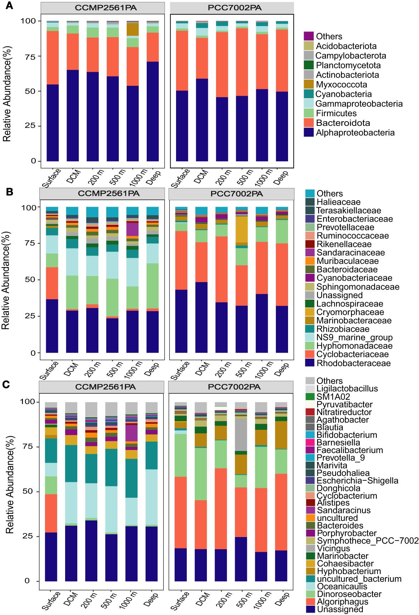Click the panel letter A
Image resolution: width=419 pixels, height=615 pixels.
pos(9,6)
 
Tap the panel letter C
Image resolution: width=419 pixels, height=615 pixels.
pos(6,384)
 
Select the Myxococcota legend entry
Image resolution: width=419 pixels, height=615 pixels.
pos(341,85)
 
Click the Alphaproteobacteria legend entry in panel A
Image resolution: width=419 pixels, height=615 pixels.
pos(355,133)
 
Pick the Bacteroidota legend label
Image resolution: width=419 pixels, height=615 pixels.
pos(343,123)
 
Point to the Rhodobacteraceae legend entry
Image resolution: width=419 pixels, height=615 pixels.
pos(353,363)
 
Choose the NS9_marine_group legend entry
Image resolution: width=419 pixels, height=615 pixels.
pos(354,338)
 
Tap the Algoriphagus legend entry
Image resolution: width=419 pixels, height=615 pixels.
pos(342,602)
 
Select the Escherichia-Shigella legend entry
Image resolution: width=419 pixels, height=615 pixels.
pos(357,481)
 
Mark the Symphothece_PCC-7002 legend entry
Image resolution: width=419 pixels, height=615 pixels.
pos(367,541)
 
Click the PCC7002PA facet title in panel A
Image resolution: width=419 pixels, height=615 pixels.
pos(234,8)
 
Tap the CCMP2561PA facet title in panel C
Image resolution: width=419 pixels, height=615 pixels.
pos(105,387)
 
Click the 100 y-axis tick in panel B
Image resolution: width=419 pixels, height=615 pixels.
pos(29,208)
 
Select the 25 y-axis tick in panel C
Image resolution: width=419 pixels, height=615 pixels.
pos(28,536)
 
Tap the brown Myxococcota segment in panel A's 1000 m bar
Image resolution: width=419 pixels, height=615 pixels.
pos(133,29)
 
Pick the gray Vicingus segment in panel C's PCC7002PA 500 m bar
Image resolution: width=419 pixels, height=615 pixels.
pos(241,435)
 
